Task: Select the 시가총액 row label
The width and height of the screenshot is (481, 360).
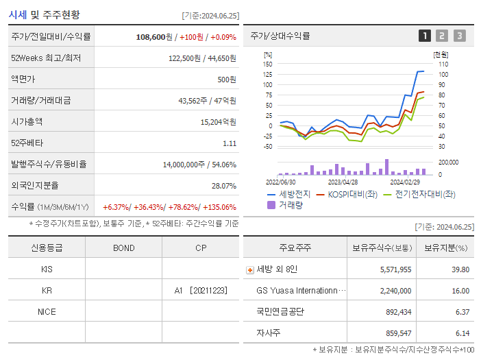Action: coord(27,121)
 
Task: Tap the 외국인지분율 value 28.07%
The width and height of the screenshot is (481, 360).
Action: coord(223,186)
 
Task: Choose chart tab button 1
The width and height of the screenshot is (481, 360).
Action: coord(425,36)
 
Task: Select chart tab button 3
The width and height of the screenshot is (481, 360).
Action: coord(459,36)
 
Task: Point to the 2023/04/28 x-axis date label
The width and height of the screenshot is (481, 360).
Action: coord(343,182)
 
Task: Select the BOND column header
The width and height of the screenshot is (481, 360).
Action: coord(123,248)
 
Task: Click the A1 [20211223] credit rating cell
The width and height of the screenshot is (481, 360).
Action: coord(201,290)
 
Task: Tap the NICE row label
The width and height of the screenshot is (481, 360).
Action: coord(47,311)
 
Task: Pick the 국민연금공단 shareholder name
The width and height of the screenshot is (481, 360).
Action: coord(280,311)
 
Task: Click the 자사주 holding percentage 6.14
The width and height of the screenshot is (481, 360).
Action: coord(461,333)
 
